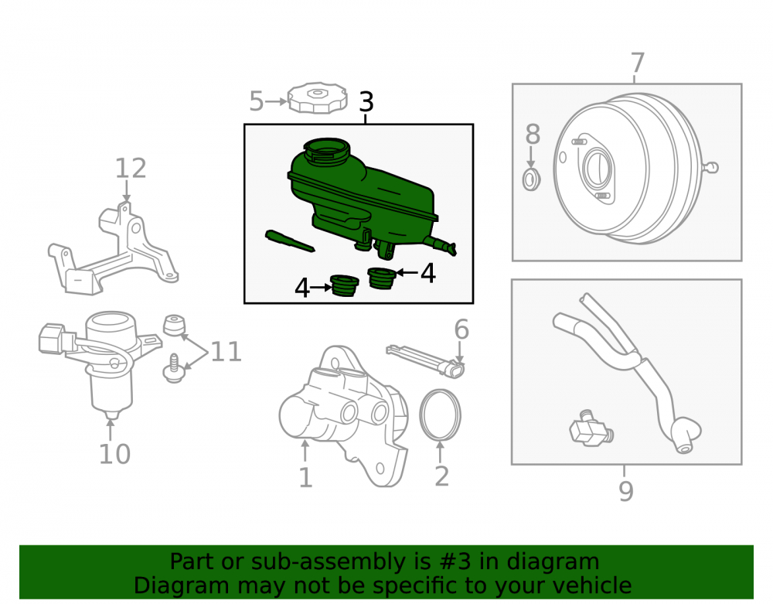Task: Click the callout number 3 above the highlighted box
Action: pyautogui.click(x=366, y=101)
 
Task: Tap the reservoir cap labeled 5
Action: pyautogui.click(x=317, y=97)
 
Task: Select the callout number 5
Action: pyautogui.click(x=257, y=101)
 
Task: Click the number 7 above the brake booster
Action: pyautogui.click(x=638, y=63)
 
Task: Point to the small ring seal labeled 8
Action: pyautogui.click(x=531, y=179)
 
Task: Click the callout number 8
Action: pyautogui.click(x=533, y=134)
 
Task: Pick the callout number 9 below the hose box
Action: pyautogui.click(x=625, y=490)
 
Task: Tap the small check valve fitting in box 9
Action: pyautogui.click(x=591, y=428)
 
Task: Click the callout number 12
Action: pyautogui.click(x=131, y=169)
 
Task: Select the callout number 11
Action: pyautogui.click(x=226, y=352)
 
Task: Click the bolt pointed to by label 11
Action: pyautogui.click(x=173, y=369)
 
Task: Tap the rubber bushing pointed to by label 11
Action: pyautogui.click(x=174, y=325)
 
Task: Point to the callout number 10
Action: pyautogui.click(x=114, y=454)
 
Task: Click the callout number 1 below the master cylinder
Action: pyautogui.click(x=305, y=478)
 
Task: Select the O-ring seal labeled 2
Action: pyautogui.click(x=441, y=415)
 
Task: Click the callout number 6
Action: pyautogui.click(x=461, y=329)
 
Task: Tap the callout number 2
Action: pyautogui.click(x=441, y=476)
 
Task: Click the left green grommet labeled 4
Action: pyautogui.click(x=344, y=285)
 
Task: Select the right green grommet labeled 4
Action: pyautogui.click(x=381, y=278)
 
